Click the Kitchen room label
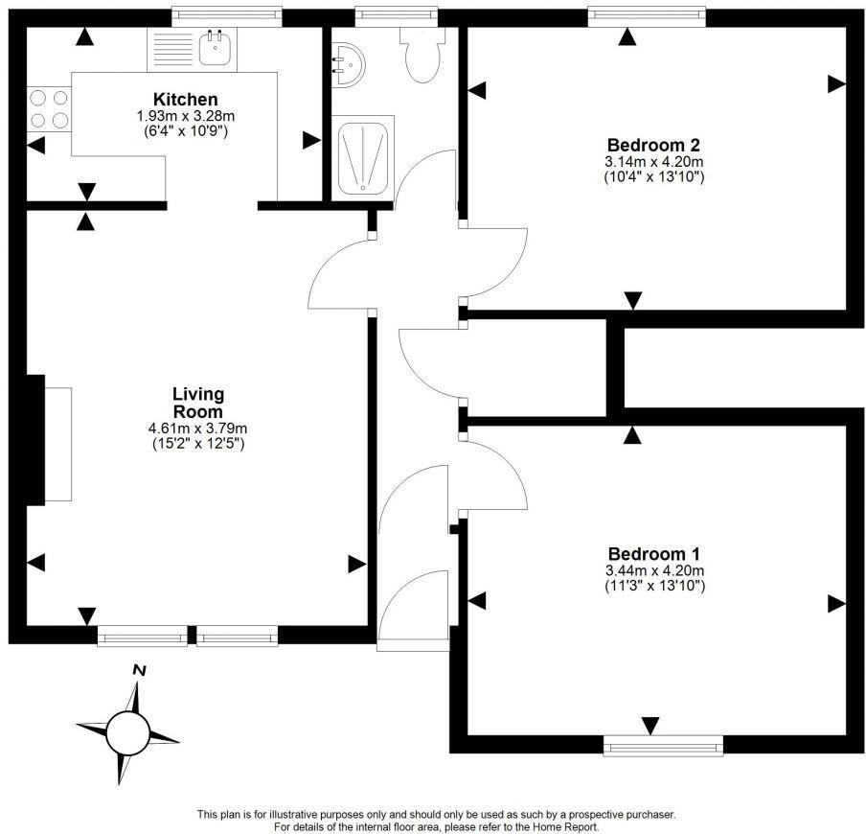(x=185, y=100)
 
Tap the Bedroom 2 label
(x=654, y=146)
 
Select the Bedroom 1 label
(x=654, y=554)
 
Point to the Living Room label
(x=198, y=403)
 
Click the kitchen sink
(x=217, y=48)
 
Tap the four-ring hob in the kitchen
(x=49, y=108)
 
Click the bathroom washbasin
(x=346, y=65)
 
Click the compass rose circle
(x=127, y=734)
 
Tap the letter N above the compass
(x=139, y=670)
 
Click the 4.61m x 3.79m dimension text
(x=198, y=429)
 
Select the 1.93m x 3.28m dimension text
(x=185, y=115)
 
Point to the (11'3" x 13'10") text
(x=654, y=585)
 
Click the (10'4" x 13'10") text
(x=654, y=176)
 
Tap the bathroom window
(x=396, y=14)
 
